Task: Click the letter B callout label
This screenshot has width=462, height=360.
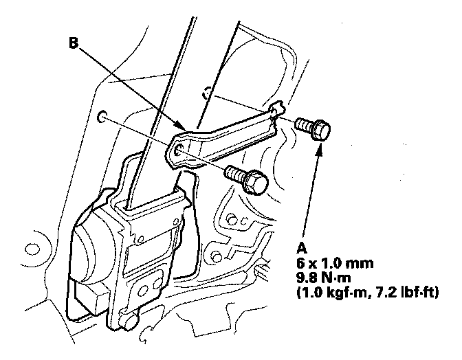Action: [74, 43]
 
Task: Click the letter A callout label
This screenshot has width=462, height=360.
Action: [301, 248]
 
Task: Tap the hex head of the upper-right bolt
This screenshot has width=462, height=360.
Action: [320, 130]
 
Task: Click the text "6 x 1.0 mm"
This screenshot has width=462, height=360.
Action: [335, 263]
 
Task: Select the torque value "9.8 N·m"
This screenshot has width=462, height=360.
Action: [324, 278]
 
